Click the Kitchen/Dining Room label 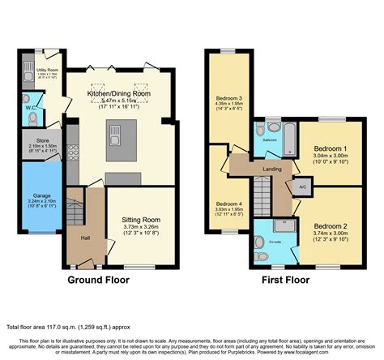tap(120, 94)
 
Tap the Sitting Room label tap(141, 219)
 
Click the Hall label tap(85, 238)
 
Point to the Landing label tap(271, 168)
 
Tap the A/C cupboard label tap(302, 186)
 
